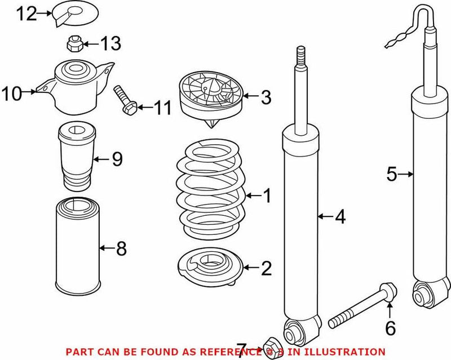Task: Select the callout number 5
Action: pos(392,175)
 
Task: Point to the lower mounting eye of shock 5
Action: pos(423,292)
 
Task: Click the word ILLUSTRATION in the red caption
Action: pos(350,352)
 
